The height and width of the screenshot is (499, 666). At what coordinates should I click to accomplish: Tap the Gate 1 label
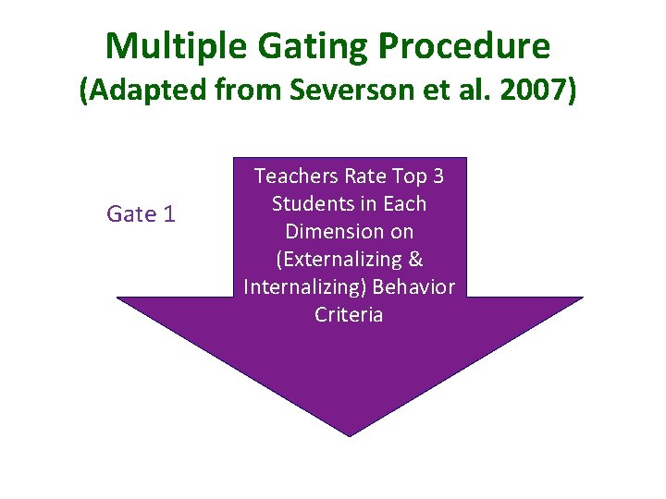pos(141,214)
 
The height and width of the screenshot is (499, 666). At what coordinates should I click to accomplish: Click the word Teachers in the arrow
pos(296,176)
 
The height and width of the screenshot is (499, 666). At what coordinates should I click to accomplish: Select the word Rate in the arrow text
pos(364,176)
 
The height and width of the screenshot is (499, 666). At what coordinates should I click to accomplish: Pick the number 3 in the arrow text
pos(436,176)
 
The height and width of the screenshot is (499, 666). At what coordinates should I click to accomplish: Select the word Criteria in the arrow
pos(349,315)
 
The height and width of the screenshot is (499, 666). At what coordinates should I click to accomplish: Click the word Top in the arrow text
pos(406,176)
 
